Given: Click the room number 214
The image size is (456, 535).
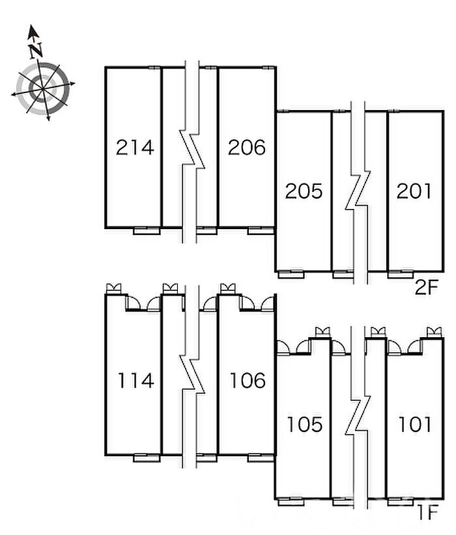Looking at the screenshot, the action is point(135,148).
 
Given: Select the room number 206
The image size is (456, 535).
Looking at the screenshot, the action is point(247,147).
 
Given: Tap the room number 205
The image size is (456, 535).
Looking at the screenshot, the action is point(304,191).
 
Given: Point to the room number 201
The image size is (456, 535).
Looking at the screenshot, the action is point(414,191).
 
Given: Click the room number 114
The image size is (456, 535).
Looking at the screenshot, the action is point(135,381).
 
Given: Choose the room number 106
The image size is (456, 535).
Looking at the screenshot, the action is point(248,381).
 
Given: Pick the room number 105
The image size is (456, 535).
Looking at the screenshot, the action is point(305,424).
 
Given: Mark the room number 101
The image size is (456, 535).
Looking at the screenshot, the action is point(415,424).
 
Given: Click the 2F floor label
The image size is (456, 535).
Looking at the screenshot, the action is point(426,288).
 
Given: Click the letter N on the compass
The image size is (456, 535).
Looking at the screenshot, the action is point(36,50).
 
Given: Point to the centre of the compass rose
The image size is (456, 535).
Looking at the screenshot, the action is point(42,89).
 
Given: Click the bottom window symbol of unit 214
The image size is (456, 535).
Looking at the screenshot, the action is point(147,230).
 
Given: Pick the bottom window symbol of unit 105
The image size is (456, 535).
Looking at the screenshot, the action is point(291,502).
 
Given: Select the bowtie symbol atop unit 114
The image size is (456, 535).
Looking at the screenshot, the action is point(114,288).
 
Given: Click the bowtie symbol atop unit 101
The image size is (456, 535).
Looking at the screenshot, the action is point(435,332).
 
